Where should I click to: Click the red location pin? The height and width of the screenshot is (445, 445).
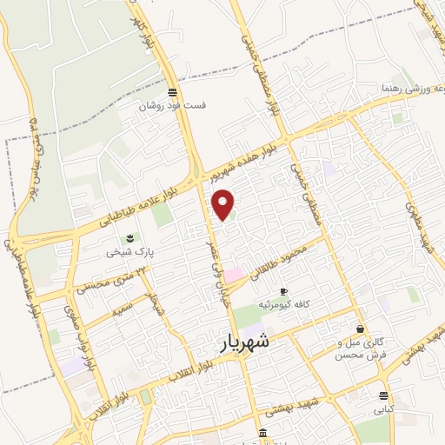[224, 204]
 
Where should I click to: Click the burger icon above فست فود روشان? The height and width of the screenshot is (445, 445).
[173, 92]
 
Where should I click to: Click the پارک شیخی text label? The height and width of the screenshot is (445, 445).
[124, 252]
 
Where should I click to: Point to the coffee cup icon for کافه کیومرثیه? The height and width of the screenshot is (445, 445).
[283, 291]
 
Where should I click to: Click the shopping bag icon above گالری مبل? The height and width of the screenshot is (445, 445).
[360, 329]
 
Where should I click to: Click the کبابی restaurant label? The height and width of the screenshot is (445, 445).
[384, 408]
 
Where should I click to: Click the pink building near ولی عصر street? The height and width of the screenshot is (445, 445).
[236, 275]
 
